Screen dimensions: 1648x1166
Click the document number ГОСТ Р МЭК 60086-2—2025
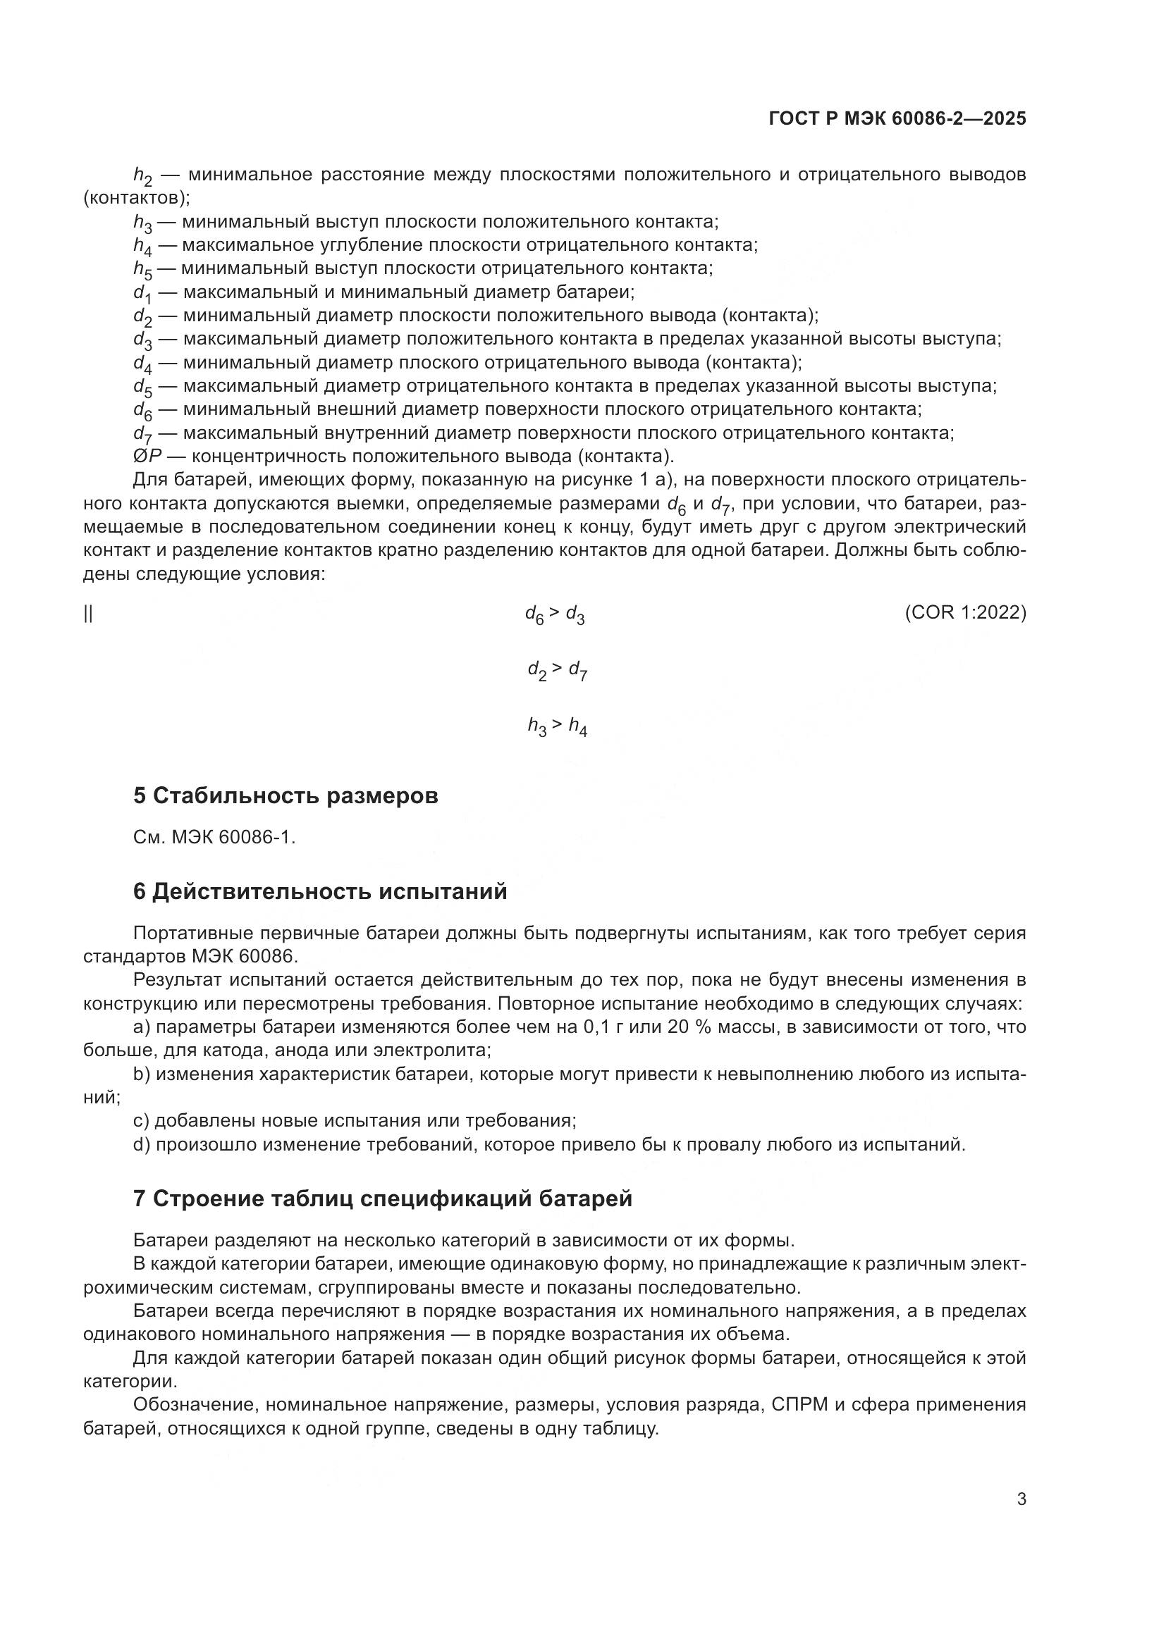pos(897,118)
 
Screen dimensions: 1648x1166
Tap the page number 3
pos(1021,1499)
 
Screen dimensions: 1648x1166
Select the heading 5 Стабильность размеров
pos(285,796)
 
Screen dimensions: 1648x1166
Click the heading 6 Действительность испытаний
pos(319,891)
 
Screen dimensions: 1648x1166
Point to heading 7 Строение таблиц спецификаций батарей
pos(382,1198)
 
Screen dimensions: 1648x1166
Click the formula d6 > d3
pos(554,614)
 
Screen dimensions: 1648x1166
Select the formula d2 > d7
pos(557,671)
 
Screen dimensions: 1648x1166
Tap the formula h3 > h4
pos(557,727)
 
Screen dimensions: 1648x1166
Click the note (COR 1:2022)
pos(965,612)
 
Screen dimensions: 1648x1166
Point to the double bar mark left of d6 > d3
pos(88,614)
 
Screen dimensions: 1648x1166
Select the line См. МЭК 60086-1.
pos(214,837)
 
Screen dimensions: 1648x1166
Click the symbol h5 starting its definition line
pos(142,270)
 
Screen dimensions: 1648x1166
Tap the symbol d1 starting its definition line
pos(142,294)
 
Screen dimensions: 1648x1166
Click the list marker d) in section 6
pos(142,1145)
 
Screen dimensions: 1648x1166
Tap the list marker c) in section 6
pos(141,1121)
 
